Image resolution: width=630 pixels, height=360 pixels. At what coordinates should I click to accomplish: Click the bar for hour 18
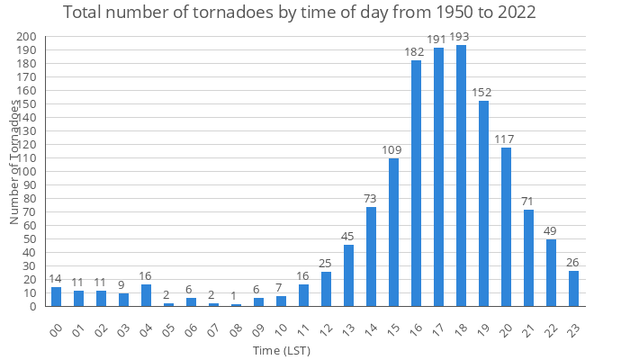pos(461,175)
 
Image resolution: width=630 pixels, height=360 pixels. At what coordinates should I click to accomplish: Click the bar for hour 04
pos(146,295)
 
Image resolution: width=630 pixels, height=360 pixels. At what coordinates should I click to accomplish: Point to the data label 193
pos(461,37)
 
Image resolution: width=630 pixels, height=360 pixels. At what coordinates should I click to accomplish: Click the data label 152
pos(483,92)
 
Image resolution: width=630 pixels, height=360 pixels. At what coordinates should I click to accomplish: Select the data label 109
pos(393,149)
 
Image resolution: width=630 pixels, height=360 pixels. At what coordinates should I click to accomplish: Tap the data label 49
pos(551,230)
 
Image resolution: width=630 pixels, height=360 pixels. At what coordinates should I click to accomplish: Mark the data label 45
pos(348,236)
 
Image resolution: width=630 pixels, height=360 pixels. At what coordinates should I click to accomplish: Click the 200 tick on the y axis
pos(27,37)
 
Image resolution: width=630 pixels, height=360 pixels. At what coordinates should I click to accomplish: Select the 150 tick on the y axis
pos(27,104)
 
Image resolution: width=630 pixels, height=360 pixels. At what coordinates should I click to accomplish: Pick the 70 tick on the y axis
pos(30,212)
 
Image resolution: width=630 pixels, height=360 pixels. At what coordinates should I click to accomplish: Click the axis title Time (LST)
pos(281,349)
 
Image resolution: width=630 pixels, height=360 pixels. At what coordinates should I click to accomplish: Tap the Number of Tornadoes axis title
pos(14,162)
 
